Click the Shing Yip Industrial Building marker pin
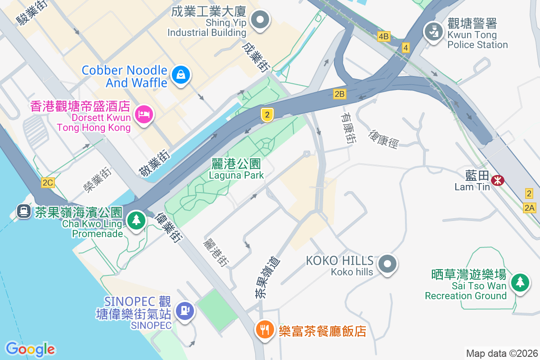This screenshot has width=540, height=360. point(260,20)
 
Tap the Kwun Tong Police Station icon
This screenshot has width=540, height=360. point(433,32)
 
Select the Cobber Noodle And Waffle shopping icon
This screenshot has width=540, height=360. point(181,75)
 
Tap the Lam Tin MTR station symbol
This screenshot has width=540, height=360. point(498,180)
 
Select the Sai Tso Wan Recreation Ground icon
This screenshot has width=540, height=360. point(520,282)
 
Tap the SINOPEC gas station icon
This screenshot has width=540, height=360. point(184,310)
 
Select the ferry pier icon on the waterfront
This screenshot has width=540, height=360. point(23,211)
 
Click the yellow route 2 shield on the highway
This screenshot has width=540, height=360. point(267,115)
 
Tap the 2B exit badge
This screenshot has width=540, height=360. point(339,94)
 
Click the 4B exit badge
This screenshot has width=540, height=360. point(383,36)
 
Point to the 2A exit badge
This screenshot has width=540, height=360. point(529,207)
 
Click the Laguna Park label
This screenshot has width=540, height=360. point(236,170)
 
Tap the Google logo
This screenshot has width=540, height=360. point(30,349)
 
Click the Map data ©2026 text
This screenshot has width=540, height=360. point(501,353)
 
